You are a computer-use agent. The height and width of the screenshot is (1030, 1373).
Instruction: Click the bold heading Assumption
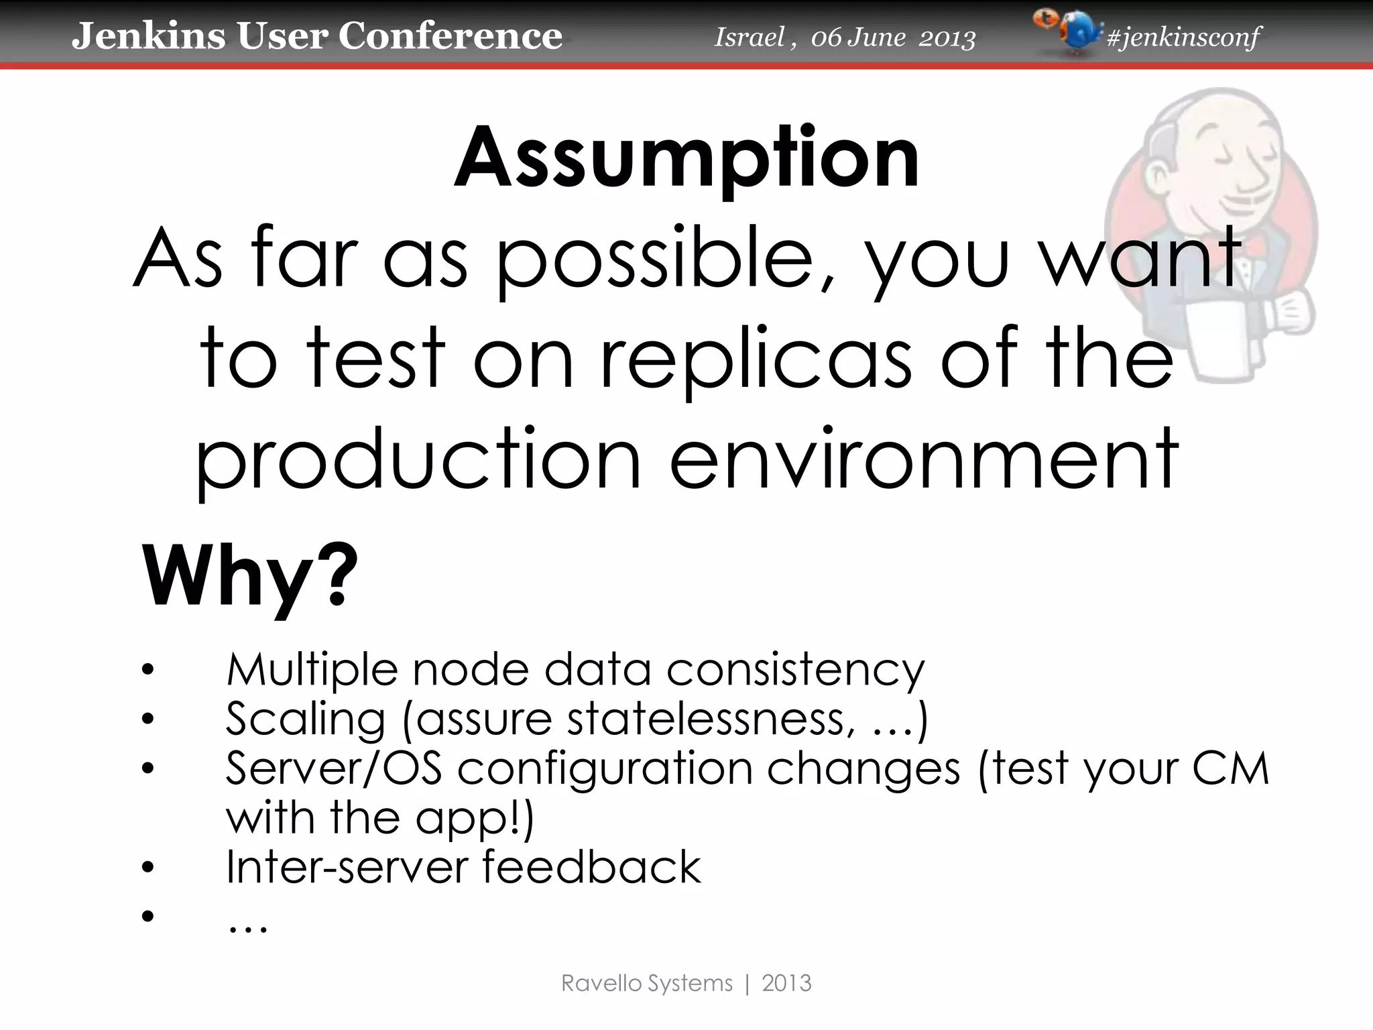tap(686, 158)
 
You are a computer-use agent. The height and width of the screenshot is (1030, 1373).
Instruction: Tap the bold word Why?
tap(249, 577)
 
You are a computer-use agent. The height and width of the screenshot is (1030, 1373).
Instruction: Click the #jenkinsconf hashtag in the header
tap(1183, 37)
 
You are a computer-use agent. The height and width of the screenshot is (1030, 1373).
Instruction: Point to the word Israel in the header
tap(748, 37)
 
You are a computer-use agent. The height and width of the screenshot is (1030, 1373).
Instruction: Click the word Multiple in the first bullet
tap(312, 670)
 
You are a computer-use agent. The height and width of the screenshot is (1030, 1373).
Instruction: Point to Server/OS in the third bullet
tap(333, 768)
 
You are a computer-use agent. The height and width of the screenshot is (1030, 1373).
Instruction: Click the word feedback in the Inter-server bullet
tap(591, 866)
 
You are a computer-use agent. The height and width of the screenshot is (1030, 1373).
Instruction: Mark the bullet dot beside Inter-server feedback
tap(147, 868)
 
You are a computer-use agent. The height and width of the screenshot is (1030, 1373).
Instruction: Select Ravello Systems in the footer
tap(646, 983)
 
